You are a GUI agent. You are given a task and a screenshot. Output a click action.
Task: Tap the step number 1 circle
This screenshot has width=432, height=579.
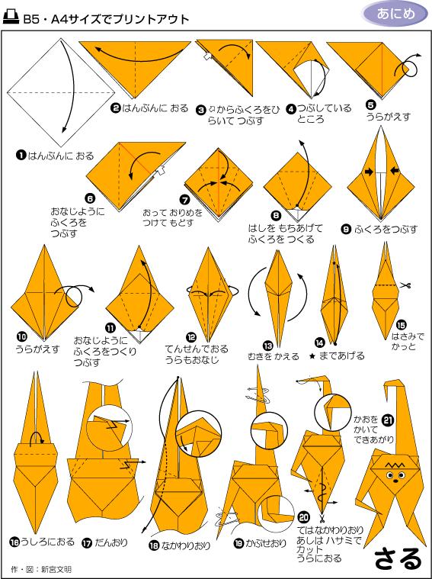click(21, 156)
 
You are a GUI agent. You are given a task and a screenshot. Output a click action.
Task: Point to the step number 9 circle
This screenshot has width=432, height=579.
click(346, 227)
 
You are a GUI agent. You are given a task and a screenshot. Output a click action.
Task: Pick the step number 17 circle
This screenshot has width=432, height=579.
click(86, 543)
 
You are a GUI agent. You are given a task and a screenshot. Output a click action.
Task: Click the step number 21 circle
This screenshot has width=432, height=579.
click(388, 419)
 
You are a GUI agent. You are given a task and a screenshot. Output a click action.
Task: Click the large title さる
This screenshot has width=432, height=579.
click(397, 559)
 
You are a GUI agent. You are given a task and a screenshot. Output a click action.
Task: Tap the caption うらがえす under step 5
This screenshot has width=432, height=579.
click(389, 117)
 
